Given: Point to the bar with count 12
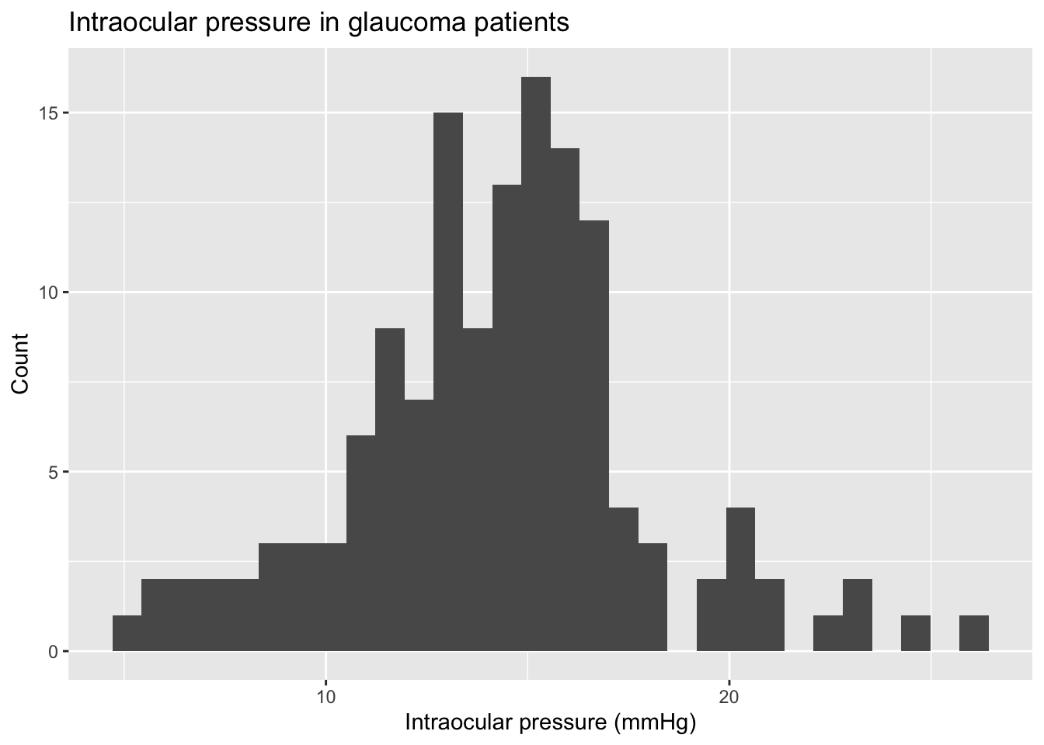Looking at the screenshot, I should click(594, 435).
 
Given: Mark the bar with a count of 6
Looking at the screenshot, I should click(360, 543).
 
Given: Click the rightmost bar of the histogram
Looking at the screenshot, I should click(974, 633).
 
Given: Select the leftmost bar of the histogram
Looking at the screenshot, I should click(127, 633).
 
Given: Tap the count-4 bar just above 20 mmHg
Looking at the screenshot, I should click(740, 579).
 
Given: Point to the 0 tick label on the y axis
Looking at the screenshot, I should click(53, 652).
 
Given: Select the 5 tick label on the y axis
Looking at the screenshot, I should click(53, 473).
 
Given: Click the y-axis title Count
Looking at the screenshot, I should click(20, 363).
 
